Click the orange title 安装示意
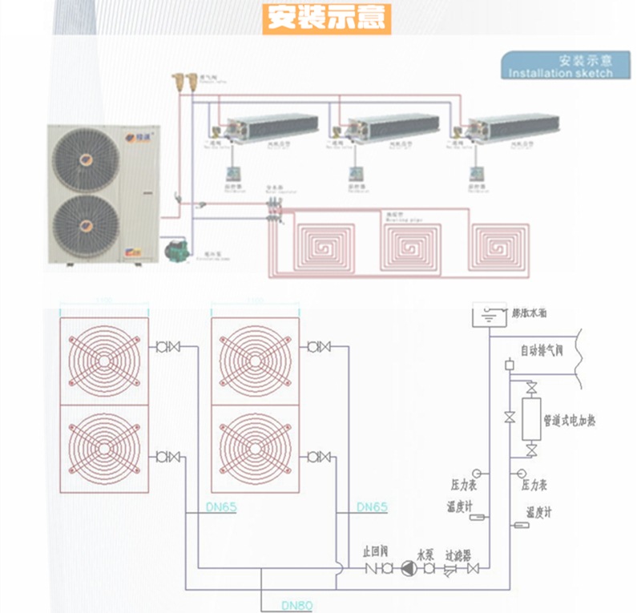point(326,18)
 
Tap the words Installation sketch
point(561,73)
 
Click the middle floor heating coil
point(411,244)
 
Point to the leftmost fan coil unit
point(272,127)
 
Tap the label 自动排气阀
point(542,351)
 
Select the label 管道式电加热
point(568,420)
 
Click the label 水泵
point(424,553)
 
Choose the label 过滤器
point(458,553)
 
